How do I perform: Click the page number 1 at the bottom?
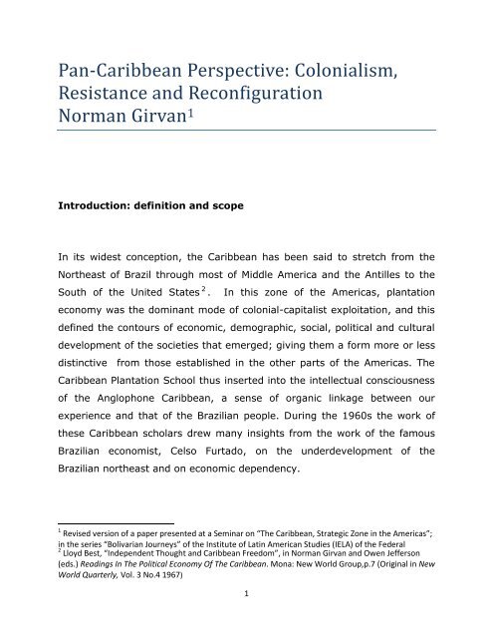[246, 621]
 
